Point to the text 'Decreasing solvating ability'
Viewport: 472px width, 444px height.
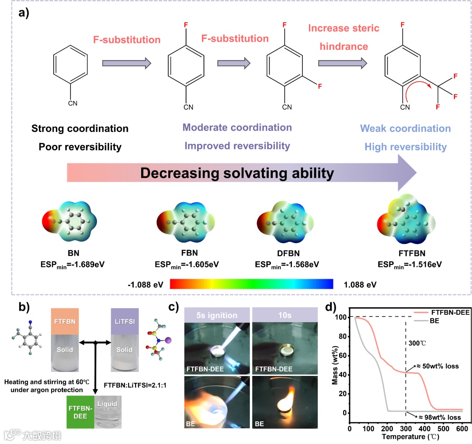coord(237,173)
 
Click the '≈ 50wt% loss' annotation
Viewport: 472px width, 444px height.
coord(436,366)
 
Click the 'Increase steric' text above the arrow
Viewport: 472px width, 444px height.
coord(344,29)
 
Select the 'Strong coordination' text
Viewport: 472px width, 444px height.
coord(80,128)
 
